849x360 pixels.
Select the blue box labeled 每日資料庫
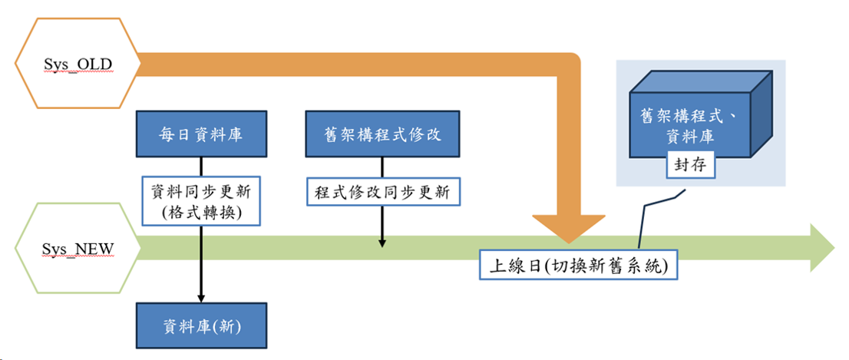pos(201,134)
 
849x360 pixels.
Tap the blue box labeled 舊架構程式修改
pos(382,134)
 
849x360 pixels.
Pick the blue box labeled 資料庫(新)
pos(201,326)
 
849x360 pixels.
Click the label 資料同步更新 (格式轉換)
pos(201,200)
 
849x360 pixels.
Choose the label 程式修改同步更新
pos(382,190)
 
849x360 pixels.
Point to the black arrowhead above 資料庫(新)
pos(201,296)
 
